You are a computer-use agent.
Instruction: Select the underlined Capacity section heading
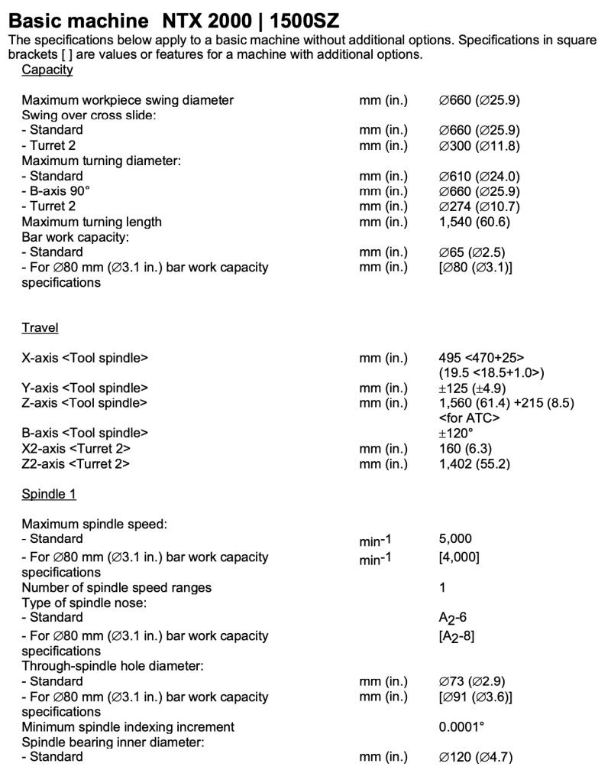click(47, 70)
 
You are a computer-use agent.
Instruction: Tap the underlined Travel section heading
click(40, 328)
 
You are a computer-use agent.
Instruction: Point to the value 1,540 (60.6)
click(470, 222)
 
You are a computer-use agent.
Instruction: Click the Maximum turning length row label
click(92, 222)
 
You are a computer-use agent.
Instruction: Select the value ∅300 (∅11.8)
click(476, 145)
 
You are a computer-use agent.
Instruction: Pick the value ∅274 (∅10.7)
click(476, 206)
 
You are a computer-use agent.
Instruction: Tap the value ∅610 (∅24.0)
click(476, 176)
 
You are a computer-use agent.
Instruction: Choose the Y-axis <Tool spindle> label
click(85, 388)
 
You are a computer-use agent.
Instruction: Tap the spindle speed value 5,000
click(446, 540)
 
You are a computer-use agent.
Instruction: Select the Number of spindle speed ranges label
click(117, 588)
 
